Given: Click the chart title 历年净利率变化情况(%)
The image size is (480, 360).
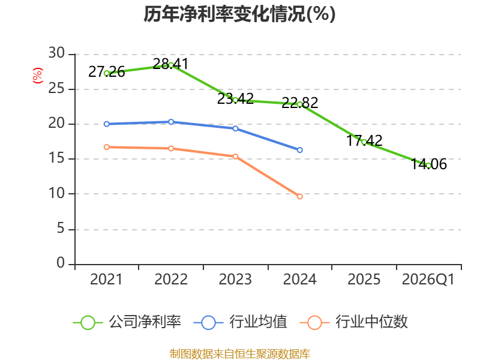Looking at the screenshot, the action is coord(239,14).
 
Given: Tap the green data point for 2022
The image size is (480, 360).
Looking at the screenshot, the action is coord(171,65).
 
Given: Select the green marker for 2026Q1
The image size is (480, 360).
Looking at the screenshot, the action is coord(428,166).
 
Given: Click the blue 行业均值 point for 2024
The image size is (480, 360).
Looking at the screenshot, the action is coord(299,150).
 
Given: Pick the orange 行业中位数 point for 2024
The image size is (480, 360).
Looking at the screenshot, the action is coord(299,197).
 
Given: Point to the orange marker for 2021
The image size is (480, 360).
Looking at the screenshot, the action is coord(107,147).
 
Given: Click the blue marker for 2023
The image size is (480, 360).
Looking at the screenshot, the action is coord(235,128).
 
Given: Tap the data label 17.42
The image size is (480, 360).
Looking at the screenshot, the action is coord(364,141).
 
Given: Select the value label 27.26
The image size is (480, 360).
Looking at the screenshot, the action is coord(107,72).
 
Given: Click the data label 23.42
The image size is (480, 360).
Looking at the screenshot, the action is coord(235,99).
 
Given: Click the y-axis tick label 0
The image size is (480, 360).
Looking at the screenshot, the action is coord(61,263).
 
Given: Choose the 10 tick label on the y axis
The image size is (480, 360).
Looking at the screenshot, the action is coord(56,193).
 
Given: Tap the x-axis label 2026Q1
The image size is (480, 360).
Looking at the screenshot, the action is coord(428,280).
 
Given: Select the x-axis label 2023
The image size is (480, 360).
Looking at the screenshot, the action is coord(235,280).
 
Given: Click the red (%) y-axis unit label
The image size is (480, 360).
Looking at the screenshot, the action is coord(38,76).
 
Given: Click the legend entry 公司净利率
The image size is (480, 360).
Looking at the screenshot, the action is coord(127,322).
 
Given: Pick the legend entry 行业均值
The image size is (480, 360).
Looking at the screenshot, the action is coord(241,322).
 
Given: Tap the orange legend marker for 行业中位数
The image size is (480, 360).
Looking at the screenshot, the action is coord(314,323).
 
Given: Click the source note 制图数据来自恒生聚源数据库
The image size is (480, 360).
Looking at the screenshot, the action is coord(239,354).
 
